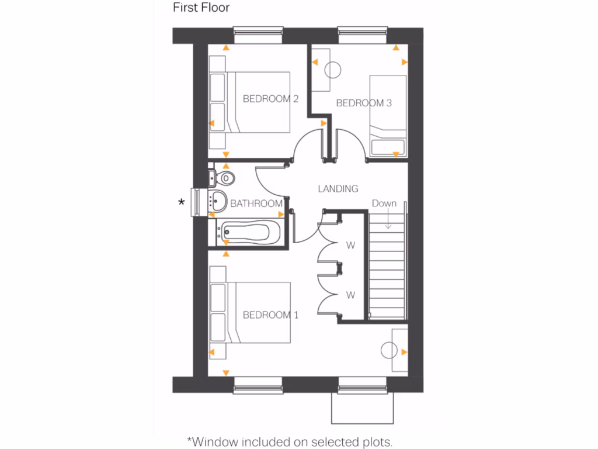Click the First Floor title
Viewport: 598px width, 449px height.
[x=201, y=8]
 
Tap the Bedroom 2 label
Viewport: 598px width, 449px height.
[x=270, y=99]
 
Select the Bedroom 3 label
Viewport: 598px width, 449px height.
[x=364, y=103]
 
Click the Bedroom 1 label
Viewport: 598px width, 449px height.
[x=270, y=315]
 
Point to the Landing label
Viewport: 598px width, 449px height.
[x=338, y=189]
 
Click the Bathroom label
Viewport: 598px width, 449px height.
[x=256, y=203]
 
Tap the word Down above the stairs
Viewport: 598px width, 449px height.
[x=384, y=203]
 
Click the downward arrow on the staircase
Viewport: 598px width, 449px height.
[x=387, y=219]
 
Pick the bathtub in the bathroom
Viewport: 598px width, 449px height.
[x=246, y=233]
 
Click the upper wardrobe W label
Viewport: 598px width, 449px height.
[x=350, y=246]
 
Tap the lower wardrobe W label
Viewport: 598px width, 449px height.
[x=350, y=295]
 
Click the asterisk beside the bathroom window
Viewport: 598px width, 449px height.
[x=182, y=203]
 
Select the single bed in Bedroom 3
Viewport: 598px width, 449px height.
[x=387, y=117]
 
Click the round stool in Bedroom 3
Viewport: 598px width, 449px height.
[x=332, y=70]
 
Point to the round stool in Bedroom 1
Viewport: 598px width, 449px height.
[x=389, y=351]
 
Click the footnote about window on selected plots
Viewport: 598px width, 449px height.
[x=289, y=440]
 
